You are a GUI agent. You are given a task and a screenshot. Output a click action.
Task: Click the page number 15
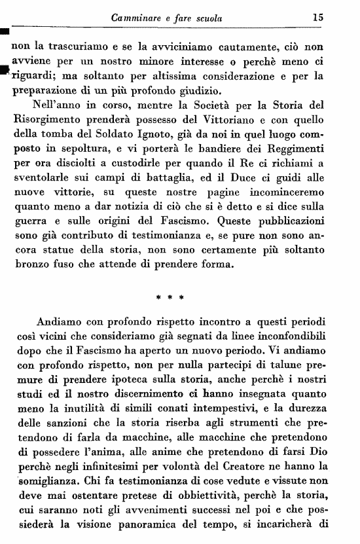point(318,18)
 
